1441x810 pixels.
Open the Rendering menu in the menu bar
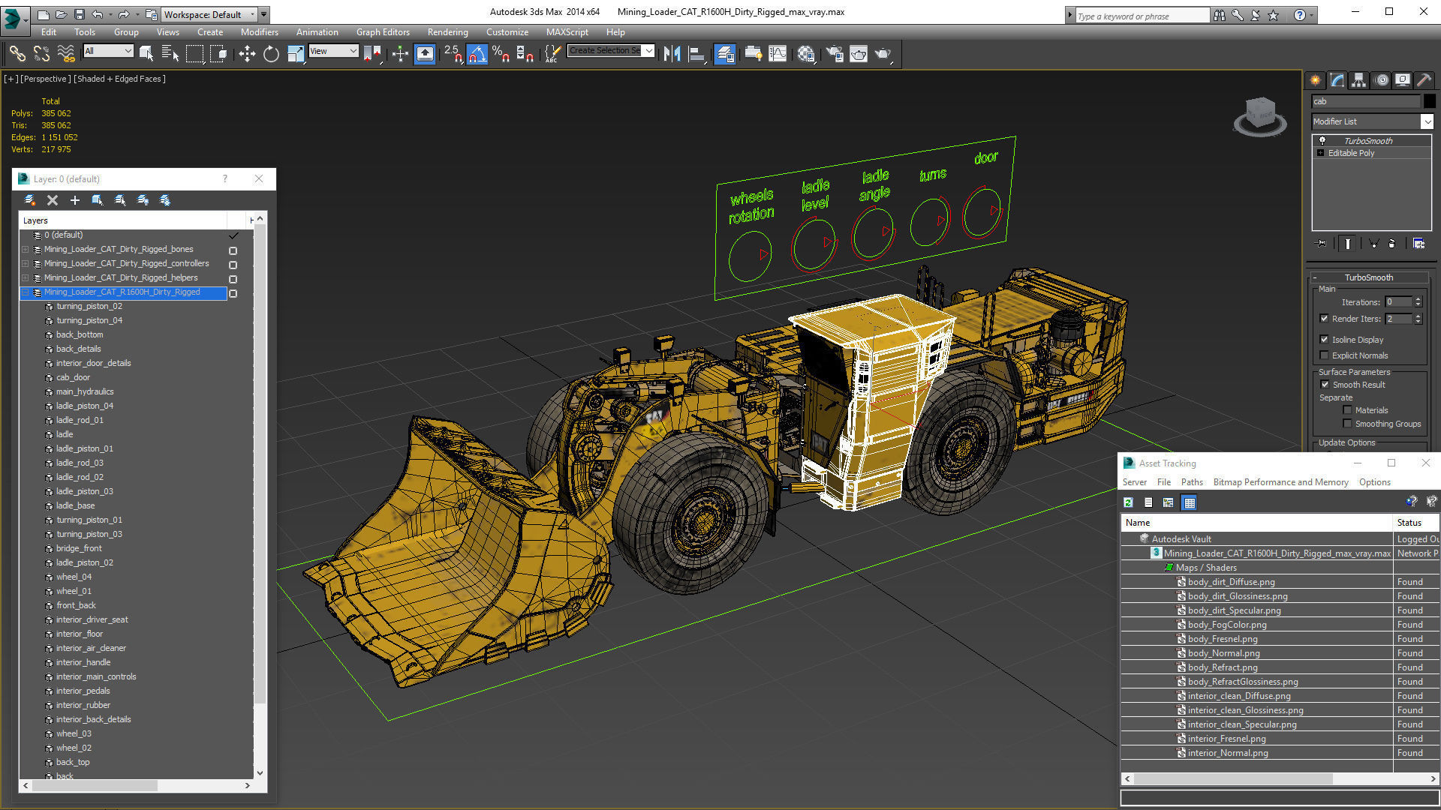click(x=447, y=32)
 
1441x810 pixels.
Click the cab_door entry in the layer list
click(x=73, y=377)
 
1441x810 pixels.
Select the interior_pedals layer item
click(x=83, y=691)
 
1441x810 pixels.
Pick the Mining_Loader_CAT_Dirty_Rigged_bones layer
click(x=118, y=249)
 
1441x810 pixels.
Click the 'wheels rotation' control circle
click(x=750, y=256)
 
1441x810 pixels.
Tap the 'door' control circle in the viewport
click(x=982, y=212)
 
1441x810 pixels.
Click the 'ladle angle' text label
click(x=875, y=184)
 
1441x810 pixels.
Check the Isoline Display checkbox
click(x=1325, y=340)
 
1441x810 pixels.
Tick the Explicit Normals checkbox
click(x=1325, y=355)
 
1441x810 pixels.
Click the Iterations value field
click(x=1398, y=302)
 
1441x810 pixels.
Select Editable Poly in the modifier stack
click(x=1351, y=153)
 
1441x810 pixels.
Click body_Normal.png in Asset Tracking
click(x=1223, y=653)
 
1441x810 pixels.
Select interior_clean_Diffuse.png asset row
click(x=1238, y=696)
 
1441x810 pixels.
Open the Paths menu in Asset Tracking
click(x=1191, y=482)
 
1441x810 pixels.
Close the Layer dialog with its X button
click(x=259, y=178)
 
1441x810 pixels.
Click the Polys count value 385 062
click(x=56, y=113)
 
